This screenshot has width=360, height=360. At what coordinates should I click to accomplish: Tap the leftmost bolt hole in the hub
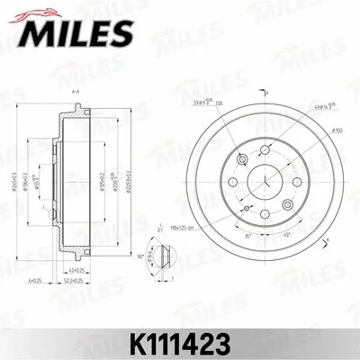232,181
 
